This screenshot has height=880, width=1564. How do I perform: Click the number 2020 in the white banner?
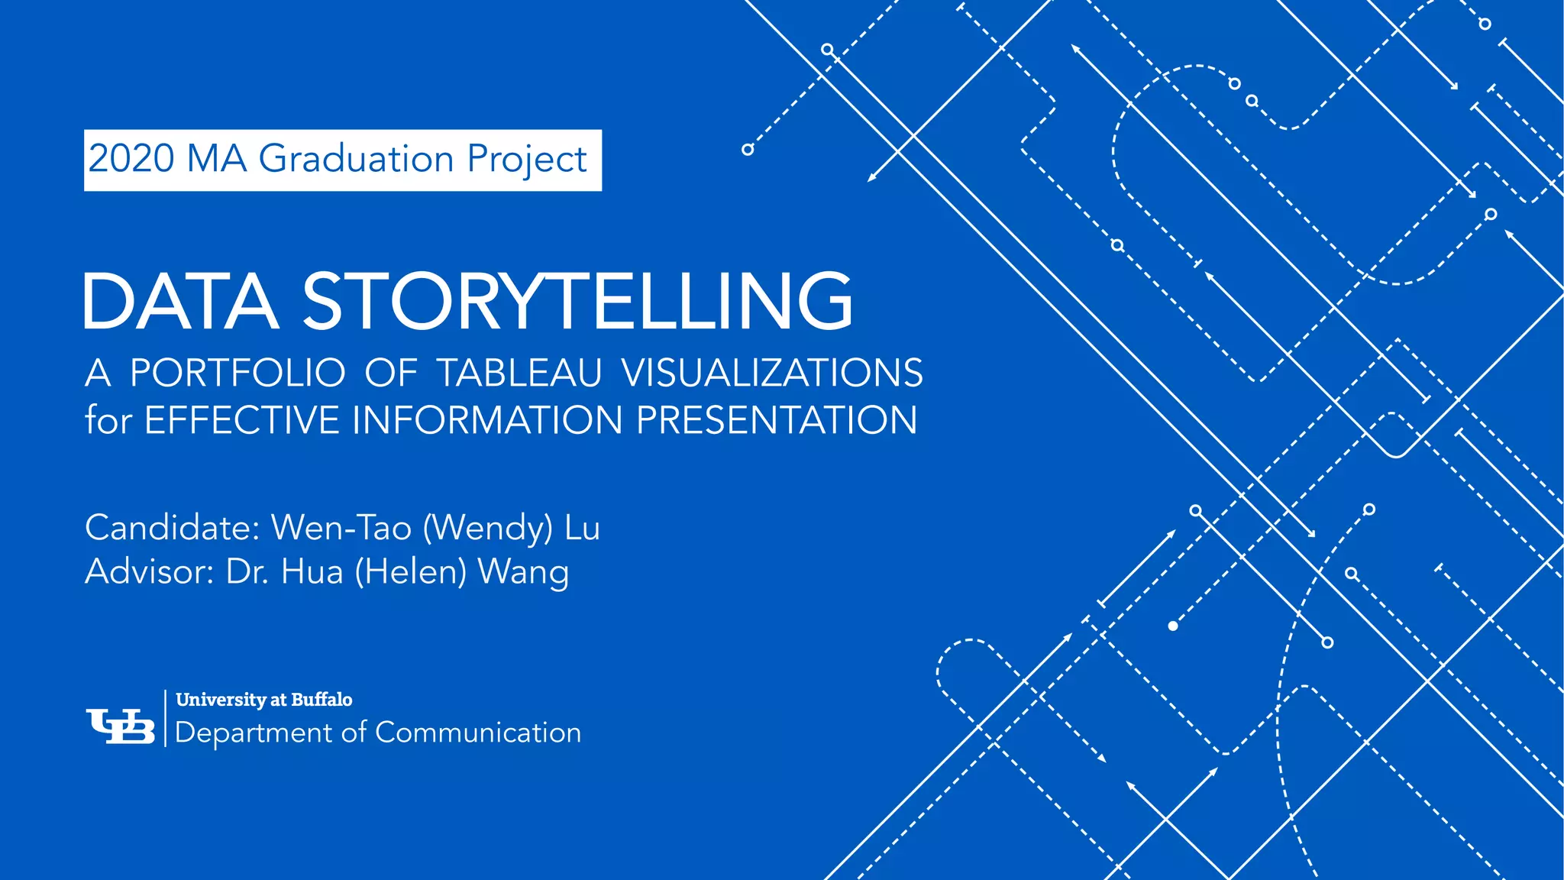(131, 159)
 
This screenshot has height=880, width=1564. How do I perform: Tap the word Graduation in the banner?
(356, 160)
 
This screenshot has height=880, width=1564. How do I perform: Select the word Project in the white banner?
(526, 160)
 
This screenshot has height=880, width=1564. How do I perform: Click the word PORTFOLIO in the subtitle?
(238, 374)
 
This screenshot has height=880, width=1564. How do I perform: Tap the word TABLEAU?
(519, 374)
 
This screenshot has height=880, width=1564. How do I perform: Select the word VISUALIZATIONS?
(771, 374)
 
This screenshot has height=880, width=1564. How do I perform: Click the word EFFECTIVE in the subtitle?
(241, 420)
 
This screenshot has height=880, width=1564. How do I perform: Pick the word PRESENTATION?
(777, 420)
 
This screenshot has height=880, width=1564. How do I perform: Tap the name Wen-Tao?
(341, 528)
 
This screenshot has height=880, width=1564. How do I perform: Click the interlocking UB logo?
(121, 726)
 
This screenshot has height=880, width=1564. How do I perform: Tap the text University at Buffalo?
(264, 700)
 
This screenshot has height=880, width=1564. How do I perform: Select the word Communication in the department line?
(478, 733)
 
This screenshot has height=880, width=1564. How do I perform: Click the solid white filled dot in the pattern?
(1173, 626)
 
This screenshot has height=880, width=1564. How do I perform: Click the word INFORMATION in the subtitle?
(487, 420)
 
